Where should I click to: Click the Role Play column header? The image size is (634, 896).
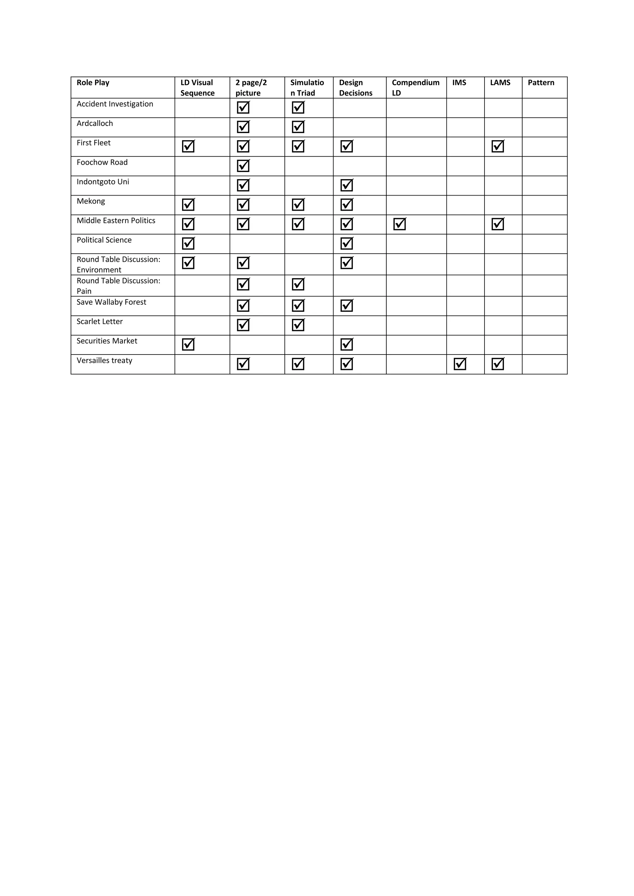93,83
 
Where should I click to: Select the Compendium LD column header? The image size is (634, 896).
415,88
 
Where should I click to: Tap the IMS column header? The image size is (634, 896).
459,83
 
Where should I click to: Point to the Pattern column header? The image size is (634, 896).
541,83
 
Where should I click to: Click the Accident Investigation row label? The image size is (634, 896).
115,104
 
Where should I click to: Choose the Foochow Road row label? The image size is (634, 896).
102,162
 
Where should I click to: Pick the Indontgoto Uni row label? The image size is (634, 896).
103,182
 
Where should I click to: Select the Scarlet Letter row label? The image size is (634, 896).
100,321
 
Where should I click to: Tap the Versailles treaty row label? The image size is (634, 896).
104,360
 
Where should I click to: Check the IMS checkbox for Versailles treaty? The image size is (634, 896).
460,364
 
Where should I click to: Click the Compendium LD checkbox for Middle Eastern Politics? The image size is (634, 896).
399,224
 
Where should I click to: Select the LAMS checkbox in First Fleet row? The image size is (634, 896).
498,146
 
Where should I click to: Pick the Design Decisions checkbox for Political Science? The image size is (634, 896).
347,243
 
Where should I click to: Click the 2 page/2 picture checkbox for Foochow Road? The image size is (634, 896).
243,166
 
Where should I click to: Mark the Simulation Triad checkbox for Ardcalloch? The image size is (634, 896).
298,127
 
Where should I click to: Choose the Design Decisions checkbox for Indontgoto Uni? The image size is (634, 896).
347,185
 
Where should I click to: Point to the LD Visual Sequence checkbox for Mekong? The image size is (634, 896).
188,205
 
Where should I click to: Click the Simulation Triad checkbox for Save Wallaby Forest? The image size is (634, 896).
298,306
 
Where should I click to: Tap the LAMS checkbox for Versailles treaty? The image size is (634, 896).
498,364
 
